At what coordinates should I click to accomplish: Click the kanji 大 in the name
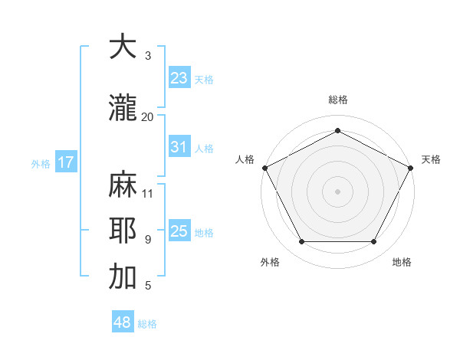[x=123, y=47]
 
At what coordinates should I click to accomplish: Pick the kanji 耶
[x=123, y=231]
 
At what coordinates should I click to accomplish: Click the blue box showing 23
[x=179, y=78]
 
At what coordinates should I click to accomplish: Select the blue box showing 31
[x=179, y=147]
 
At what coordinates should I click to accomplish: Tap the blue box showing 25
[x=179, y=231]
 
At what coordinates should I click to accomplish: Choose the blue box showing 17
[x=66, y=162]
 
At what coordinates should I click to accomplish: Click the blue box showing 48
[x=123, y=322]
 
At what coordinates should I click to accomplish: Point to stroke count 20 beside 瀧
[x=148, y=116]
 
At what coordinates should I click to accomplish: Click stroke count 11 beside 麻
[x=148, y=193]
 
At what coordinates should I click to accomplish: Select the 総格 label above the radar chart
[x=337, y=100]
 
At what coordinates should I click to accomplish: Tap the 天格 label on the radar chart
[x=431, y=159]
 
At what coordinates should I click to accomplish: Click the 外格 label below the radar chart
[x=270, y=262]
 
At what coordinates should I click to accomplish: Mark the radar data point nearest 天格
[x=411, y=168]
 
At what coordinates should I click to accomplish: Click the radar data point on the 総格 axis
[x=337, y=131]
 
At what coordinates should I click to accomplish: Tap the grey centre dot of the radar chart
[x=337, y=191]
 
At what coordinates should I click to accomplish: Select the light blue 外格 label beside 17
[x=41, y=163]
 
